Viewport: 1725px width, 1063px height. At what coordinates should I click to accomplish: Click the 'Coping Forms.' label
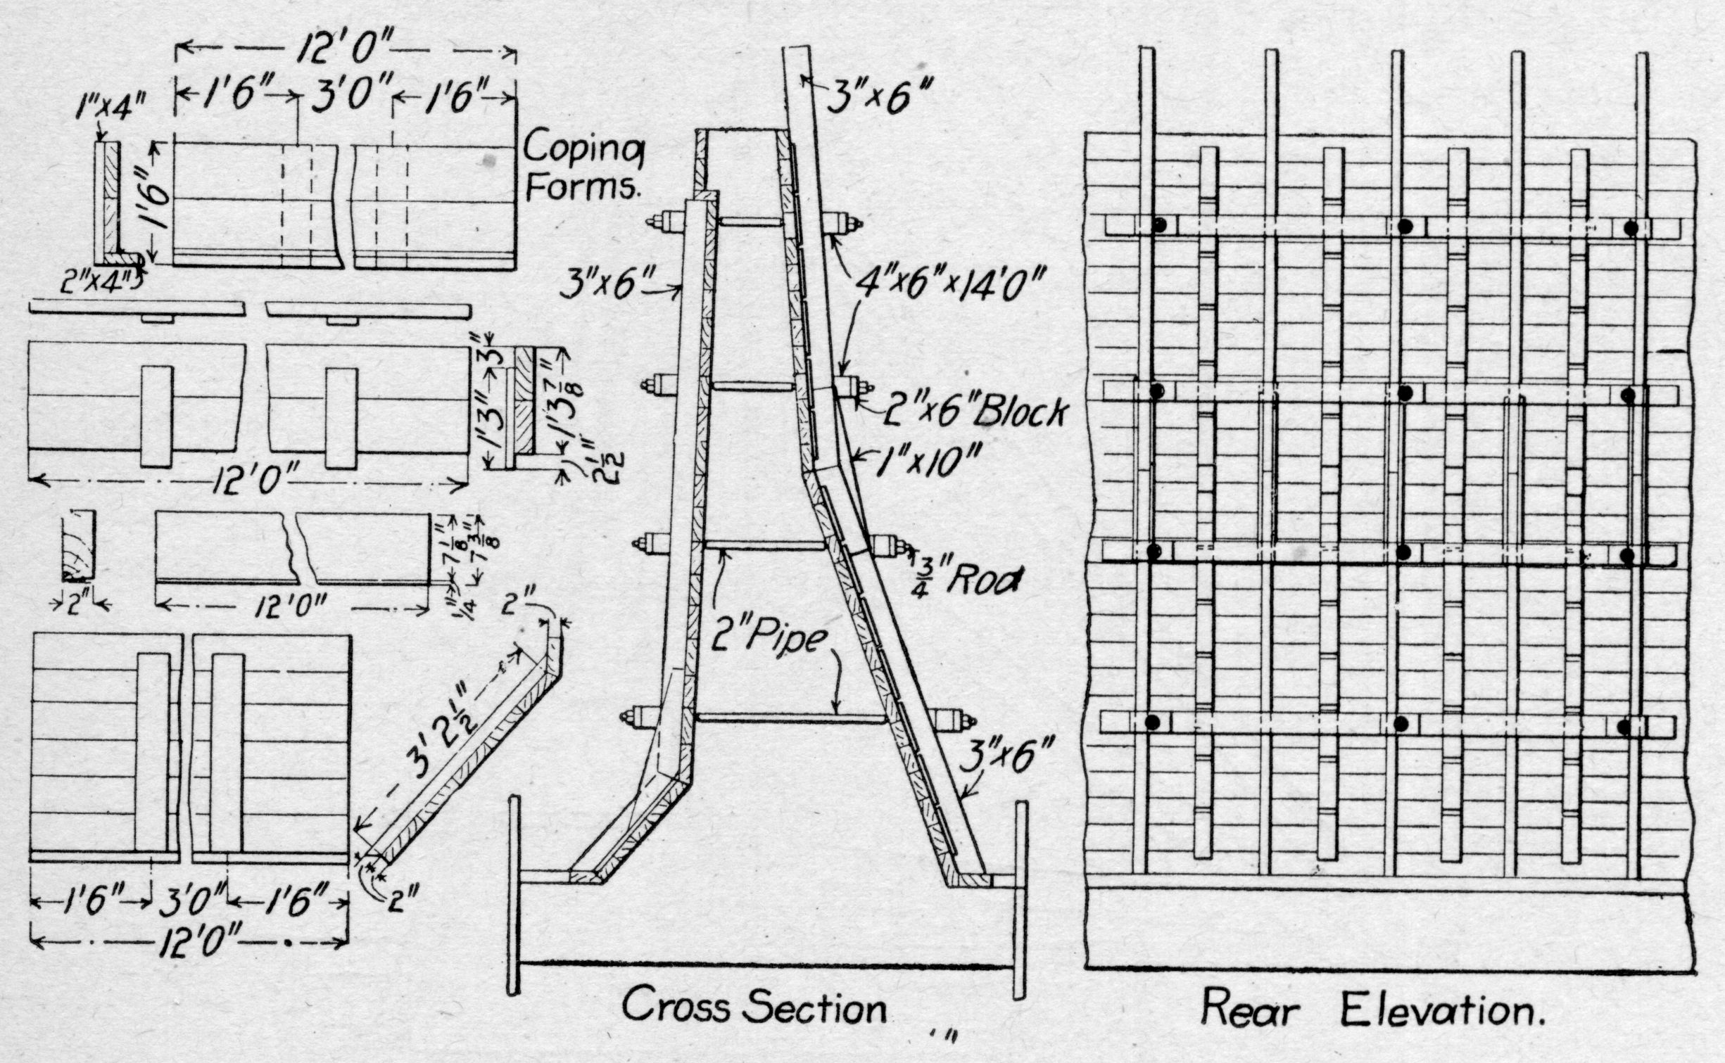[x=584, y=168]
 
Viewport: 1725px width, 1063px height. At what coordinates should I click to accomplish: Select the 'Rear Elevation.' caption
[x=1373, y=1011]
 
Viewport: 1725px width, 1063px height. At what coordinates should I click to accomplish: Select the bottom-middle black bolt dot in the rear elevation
[x=1401, y=723]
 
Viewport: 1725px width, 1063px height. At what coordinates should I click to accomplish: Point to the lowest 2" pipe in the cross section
[x=790, y=718]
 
